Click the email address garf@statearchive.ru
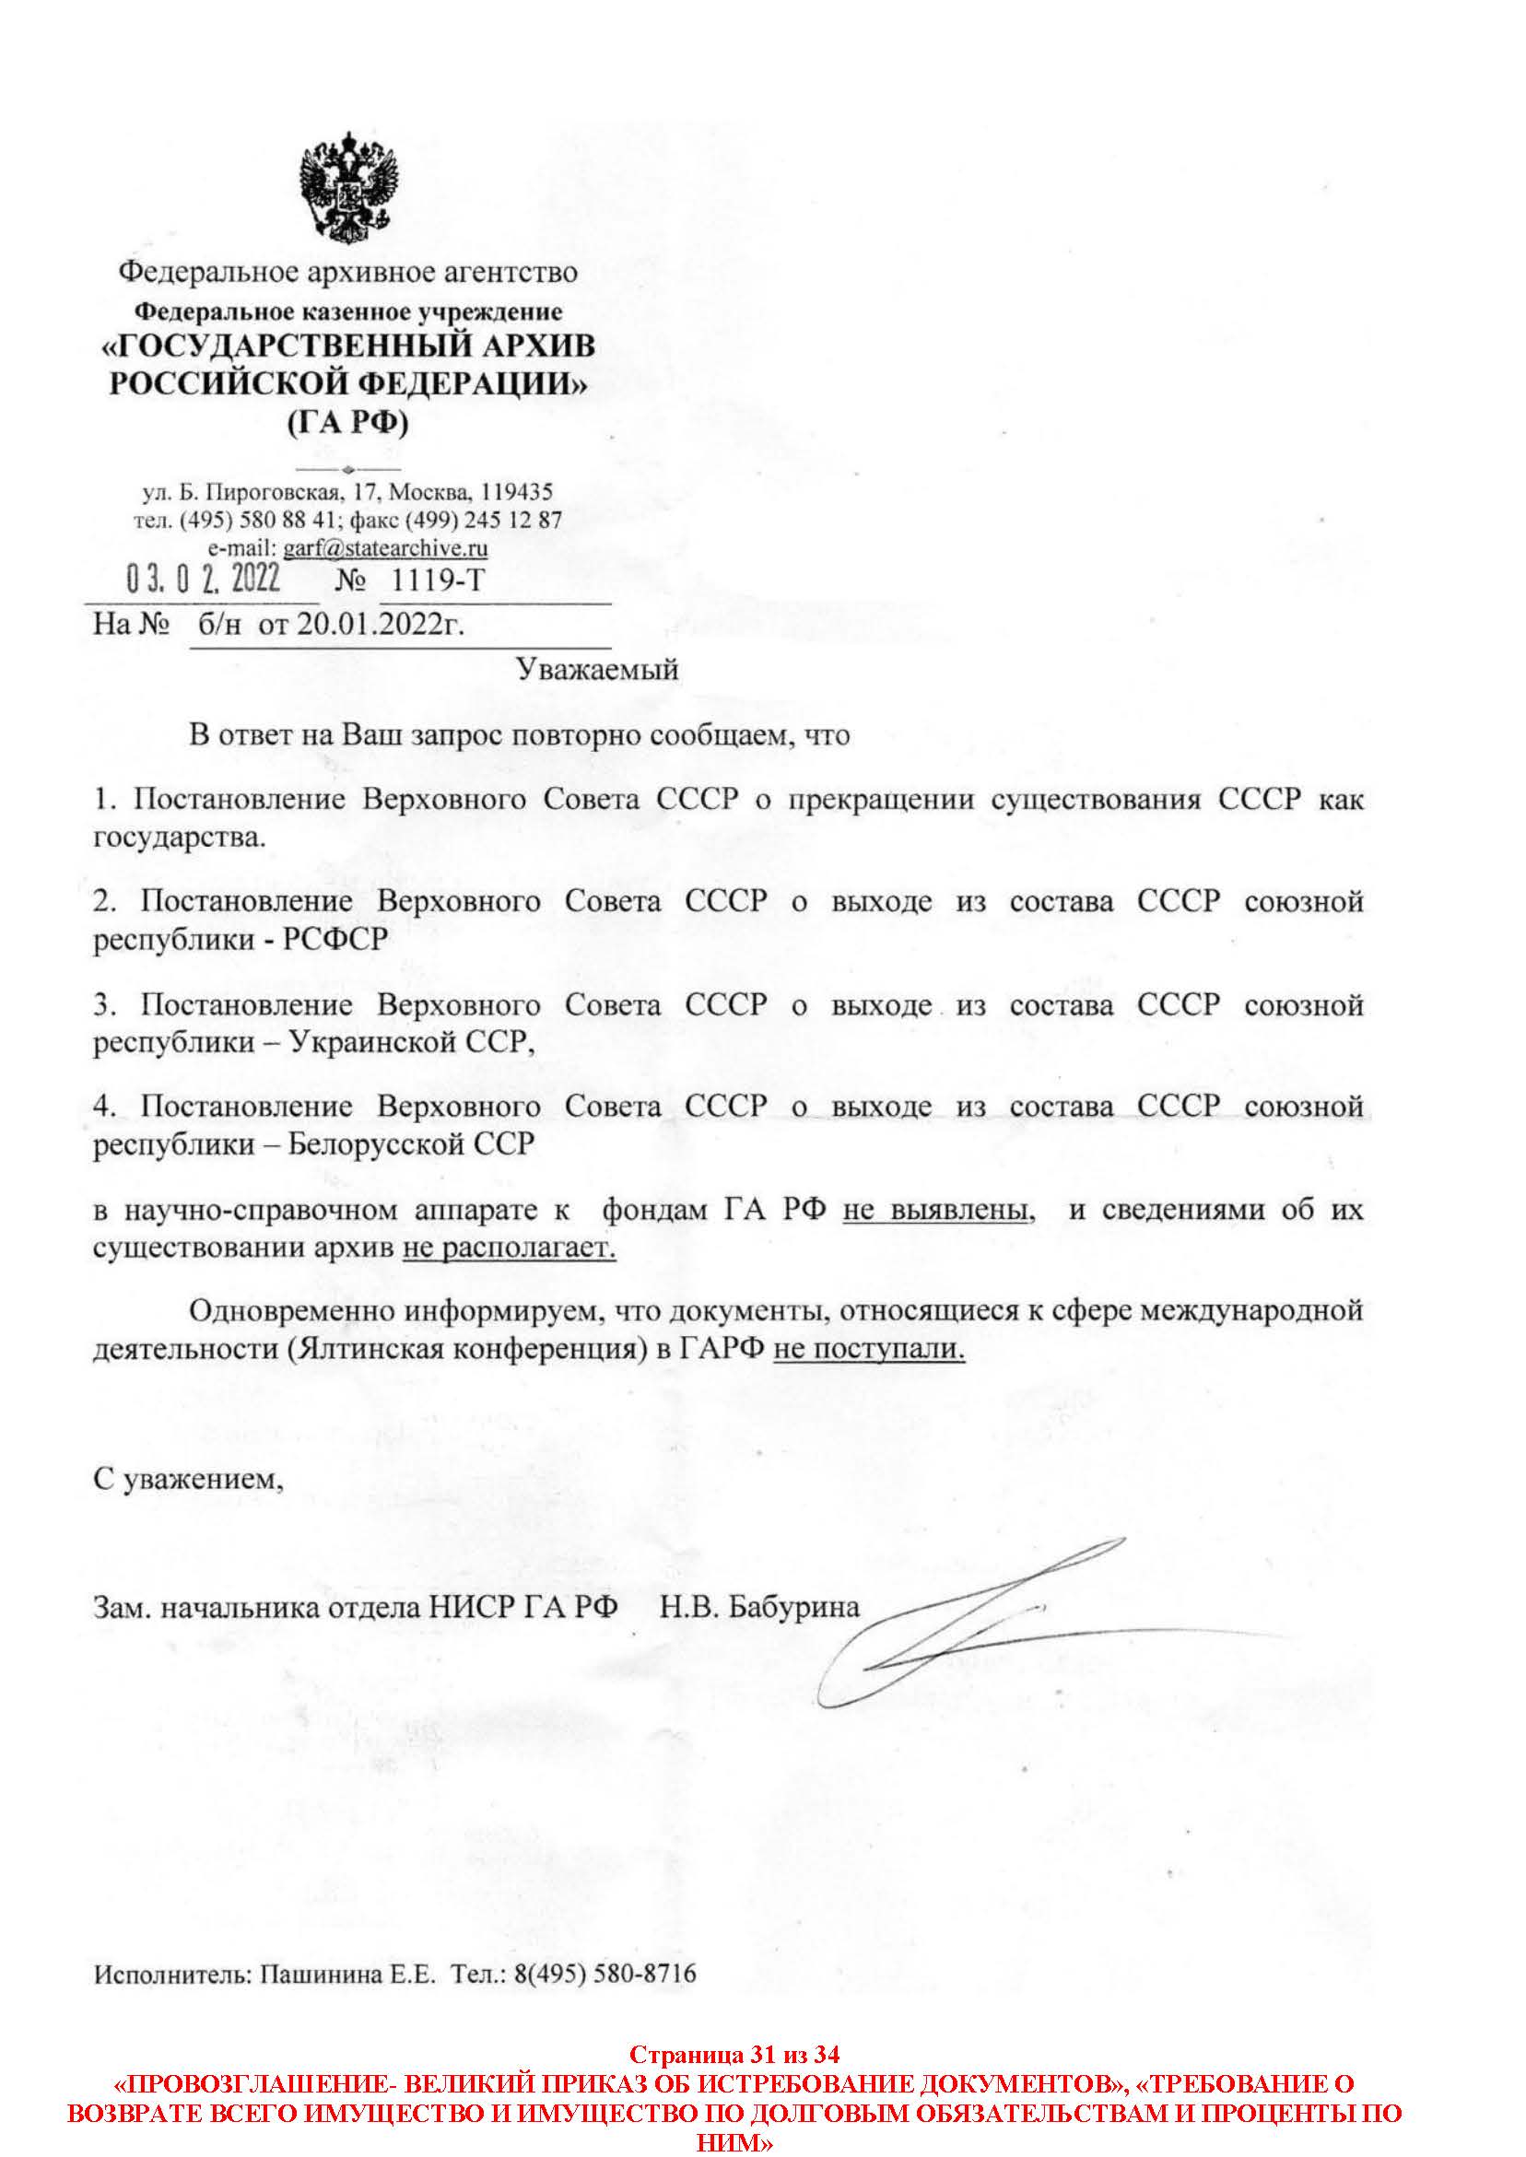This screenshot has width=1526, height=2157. (384, 546)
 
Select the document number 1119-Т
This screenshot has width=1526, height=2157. (436, 580)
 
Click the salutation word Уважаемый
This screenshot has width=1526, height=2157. (597, 670)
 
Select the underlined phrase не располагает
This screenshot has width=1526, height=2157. (510, 1248)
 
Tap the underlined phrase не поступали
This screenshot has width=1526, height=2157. (869, 1350)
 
